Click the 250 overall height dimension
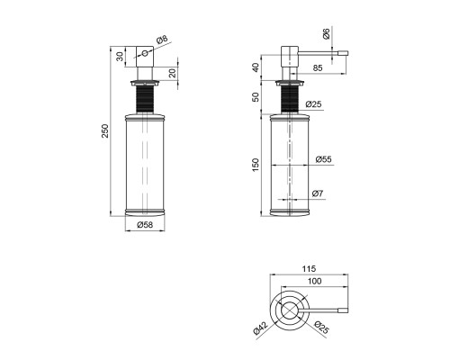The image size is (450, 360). (105, 130)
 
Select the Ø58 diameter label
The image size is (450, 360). (145, 225)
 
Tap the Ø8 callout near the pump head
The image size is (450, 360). (163, 40)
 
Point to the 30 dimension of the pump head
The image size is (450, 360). (120, 57)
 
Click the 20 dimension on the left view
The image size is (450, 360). (173, 73)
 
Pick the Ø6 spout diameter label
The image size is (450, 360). (326, 33)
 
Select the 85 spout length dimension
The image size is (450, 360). (318, 68)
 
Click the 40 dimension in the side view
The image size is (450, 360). (256, 67)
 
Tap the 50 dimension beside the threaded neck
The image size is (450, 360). (256, 97)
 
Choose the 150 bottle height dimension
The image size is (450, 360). (256, 165)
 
